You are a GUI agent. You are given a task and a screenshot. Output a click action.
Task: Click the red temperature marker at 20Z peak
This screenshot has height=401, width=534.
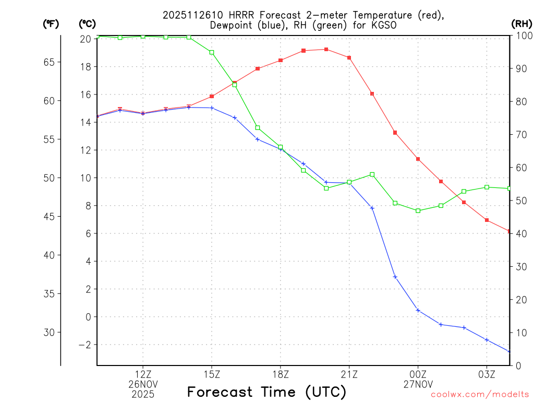326,50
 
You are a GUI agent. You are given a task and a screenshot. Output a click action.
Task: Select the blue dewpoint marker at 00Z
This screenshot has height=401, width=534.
418,310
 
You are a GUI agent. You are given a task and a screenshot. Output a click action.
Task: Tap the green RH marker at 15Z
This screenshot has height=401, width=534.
212,52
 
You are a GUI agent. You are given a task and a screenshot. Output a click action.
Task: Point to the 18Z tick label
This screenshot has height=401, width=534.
280,374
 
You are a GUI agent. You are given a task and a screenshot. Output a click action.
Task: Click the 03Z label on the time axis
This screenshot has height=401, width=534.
487,374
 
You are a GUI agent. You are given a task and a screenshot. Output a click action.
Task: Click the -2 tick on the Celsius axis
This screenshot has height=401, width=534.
84,345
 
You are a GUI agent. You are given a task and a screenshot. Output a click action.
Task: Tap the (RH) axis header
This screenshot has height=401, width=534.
521,23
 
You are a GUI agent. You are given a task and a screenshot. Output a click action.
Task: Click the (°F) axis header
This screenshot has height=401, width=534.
51,23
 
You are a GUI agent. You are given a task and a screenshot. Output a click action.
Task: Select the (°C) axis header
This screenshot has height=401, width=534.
87,23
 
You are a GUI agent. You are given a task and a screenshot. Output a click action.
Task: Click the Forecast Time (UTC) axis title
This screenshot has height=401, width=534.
266,392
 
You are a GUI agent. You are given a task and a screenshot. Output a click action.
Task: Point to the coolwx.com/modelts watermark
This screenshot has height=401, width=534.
480,395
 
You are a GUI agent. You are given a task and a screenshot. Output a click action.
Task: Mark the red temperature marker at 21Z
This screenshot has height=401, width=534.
349,57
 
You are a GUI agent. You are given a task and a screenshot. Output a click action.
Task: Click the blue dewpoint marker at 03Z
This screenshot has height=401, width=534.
487,340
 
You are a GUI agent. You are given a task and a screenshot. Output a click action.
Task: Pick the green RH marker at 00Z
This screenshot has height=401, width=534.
418,210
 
